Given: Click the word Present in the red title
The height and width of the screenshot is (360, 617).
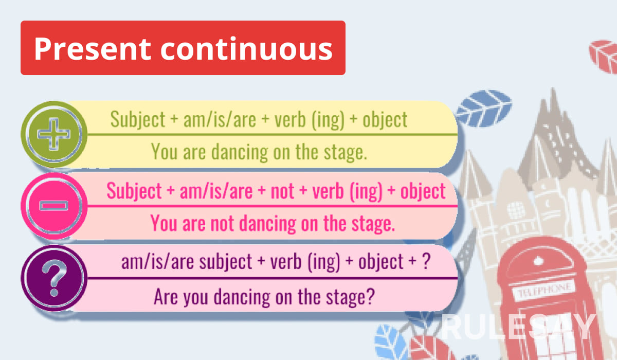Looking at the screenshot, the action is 93,49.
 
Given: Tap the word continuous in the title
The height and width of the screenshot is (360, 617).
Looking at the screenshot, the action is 247,49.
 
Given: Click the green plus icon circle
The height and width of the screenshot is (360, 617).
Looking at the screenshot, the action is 54,134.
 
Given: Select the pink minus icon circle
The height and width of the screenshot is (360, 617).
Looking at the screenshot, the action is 54,206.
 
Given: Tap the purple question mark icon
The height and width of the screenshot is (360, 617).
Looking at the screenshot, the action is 54,278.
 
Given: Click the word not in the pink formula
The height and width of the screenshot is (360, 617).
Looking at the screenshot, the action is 282,191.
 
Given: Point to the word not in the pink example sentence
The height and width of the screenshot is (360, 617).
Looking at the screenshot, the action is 222,223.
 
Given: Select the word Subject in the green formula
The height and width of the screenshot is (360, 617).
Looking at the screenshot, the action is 138,120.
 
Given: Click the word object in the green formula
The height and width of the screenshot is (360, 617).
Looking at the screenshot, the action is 385,120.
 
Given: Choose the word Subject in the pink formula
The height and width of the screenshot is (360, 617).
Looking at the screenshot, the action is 134,191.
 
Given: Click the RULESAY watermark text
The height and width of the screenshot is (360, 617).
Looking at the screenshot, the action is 518,327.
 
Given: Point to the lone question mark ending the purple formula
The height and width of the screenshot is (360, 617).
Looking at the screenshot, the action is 426,261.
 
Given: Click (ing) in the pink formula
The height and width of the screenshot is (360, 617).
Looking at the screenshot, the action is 366,192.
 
